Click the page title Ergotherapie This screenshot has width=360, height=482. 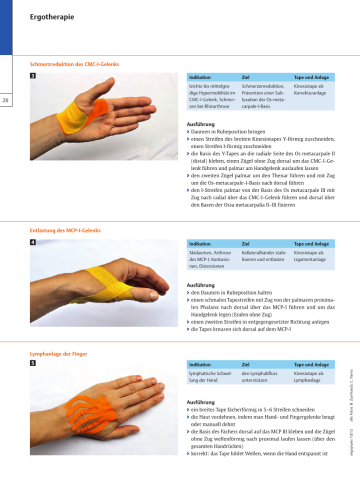coord(51,17)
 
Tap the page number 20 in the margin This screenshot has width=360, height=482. coord(6,99)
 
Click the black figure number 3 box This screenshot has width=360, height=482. coord(34,76)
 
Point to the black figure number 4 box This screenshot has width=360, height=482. coord(34,241)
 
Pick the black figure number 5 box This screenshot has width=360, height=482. coord(34,364)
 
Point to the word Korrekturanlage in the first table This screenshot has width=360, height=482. coord(313,94)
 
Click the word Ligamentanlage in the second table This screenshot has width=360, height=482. coord(312,258)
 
